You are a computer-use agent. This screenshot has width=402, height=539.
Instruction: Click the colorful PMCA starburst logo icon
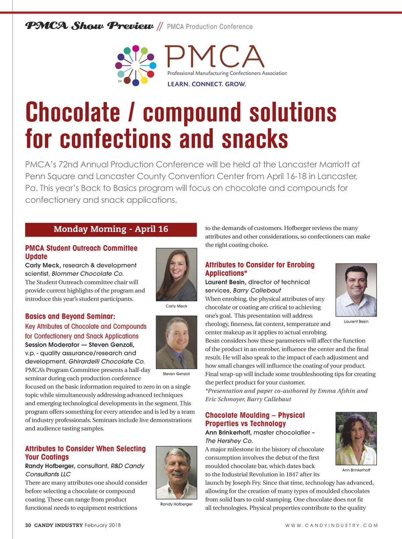coord(136,66)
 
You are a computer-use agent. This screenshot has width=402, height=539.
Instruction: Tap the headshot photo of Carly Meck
coord(177,274)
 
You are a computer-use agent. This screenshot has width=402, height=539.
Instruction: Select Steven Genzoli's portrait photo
coord(177,342)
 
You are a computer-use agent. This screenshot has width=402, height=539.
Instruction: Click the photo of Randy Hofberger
coord(177,472)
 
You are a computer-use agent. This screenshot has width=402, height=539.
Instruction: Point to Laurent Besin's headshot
coord(356,290)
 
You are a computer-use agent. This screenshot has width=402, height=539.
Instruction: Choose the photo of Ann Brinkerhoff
coord(356,439)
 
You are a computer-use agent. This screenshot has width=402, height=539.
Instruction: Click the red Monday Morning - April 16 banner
coord(111,229)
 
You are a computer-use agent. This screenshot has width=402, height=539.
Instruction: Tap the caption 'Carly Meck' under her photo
coord(177,306)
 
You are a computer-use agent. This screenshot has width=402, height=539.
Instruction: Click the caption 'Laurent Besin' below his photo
coord(356,322)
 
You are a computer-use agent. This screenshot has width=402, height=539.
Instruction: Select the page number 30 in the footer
coord(28,525)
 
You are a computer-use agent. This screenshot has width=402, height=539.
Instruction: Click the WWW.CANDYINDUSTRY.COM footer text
coord(331,526)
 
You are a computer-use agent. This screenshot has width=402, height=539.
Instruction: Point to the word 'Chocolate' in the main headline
coord(73,112)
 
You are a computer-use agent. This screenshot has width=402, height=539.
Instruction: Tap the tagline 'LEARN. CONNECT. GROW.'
coord(207,84)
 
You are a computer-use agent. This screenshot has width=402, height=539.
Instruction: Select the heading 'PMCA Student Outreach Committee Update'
coord(81,252)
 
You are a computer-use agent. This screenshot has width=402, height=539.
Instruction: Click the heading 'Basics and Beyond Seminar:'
coord(70,316)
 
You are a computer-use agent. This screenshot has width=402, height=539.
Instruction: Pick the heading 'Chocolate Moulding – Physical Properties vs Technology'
coord(255,419)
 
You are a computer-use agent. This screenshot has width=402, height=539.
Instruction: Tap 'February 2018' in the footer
coord(103,525)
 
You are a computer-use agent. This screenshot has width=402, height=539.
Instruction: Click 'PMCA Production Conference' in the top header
coord(210,27)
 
